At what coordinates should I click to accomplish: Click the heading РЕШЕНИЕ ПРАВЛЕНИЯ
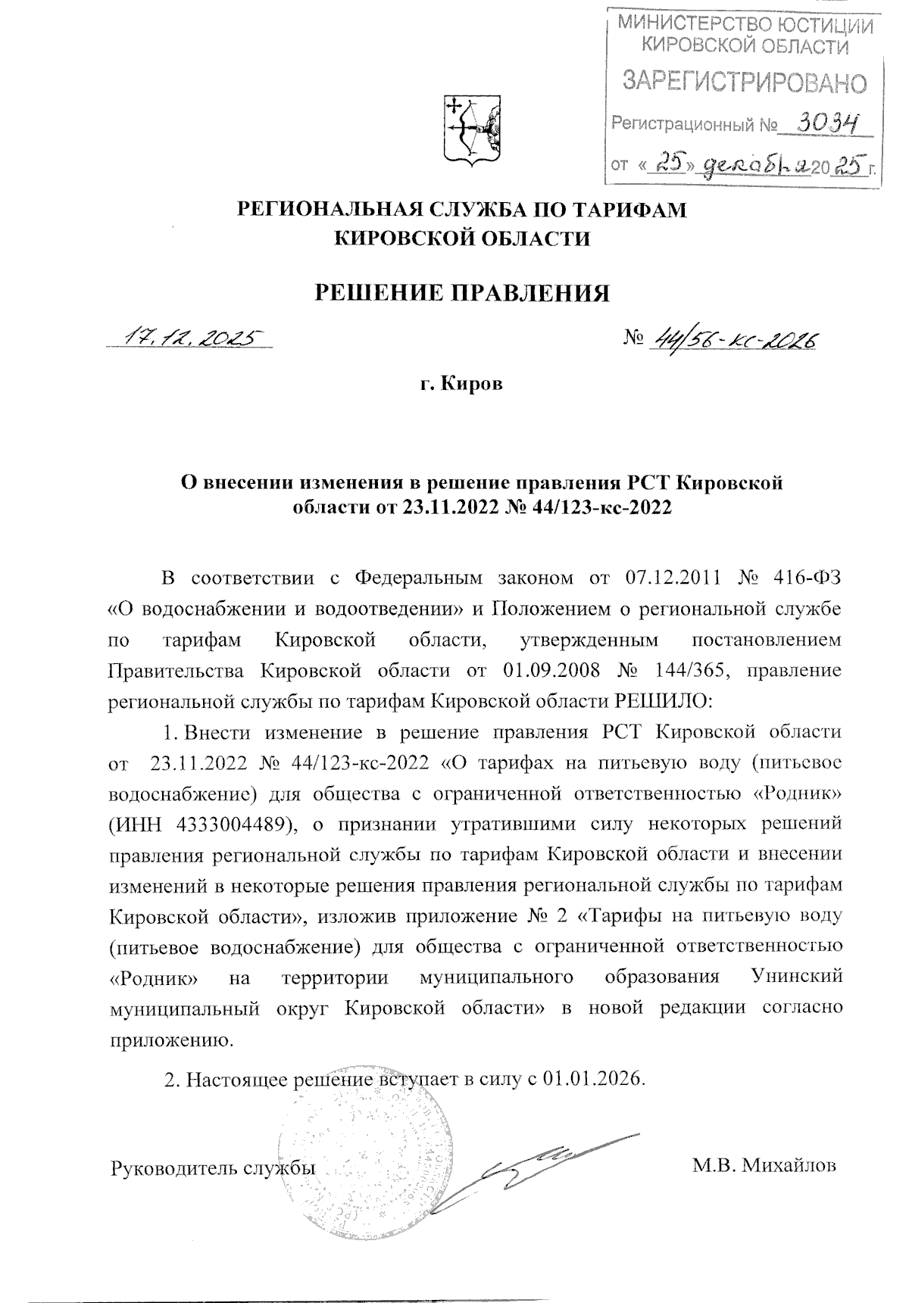pos(462,291)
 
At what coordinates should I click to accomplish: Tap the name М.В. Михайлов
pos(764,1166)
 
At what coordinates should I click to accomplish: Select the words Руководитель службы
pos(214,1167)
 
